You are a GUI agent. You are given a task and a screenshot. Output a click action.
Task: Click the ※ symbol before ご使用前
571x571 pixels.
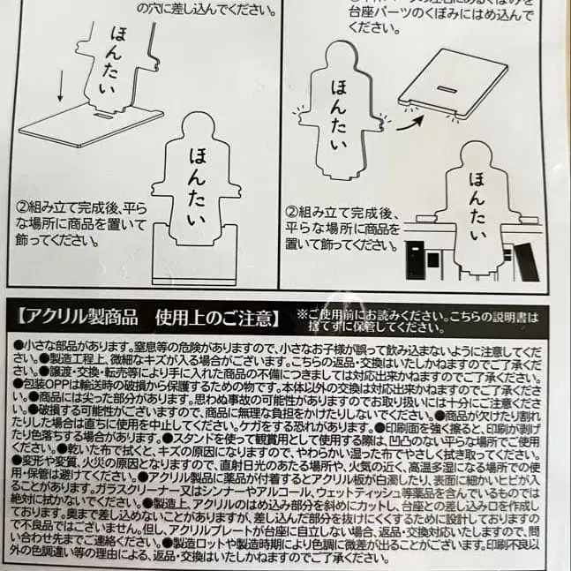(x=302, y=312)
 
